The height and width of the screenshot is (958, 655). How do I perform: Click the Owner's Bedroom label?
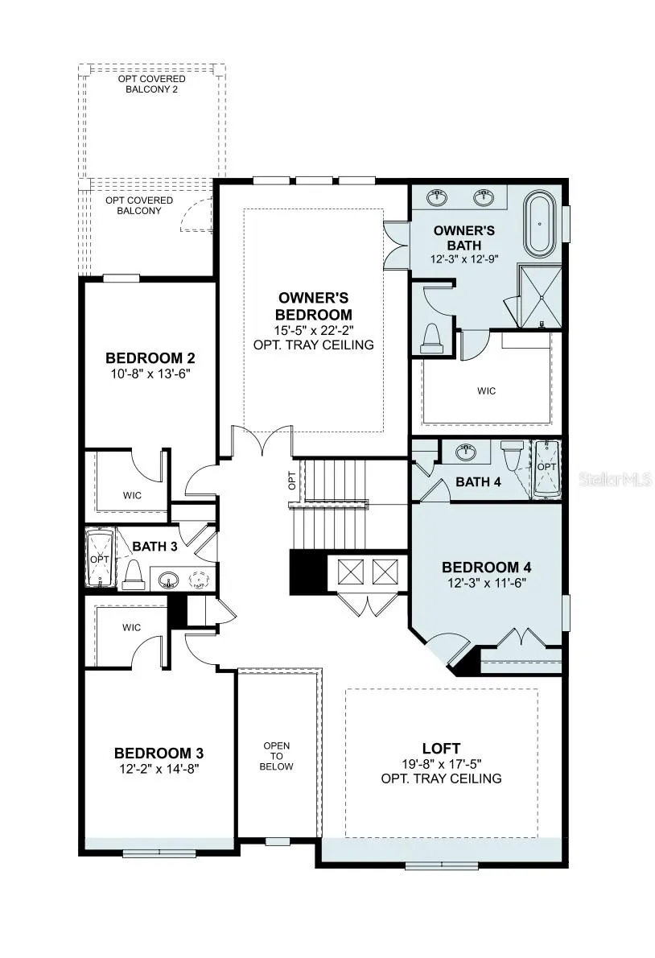point(314,306)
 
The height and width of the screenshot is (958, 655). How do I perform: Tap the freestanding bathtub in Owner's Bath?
point(540,225)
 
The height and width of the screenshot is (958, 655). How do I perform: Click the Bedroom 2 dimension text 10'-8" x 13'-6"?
point(150,374)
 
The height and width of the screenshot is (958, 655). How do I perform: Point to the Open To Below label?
point(277,756)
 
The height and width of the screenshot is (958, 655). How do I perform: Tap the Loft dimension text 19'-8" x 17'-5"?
point(441,764)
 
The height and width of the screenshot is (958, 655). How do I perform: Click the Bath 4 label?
point(479,482)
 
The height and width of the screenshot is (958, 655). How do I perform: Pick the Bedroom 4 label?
point(487,567)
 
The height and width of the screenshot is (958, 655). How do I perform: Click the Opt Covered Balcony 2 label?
point(152,84)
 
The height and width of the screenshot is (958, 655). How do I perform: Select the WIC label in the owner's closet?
point(487,391)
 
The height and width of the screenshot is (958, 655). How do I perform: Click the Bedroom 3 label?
point(159,754)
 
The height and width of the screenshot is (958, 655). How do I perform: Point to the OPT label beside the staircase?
point(292,481)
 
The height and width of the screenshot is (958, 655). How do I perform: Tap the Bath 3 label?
point(155,546)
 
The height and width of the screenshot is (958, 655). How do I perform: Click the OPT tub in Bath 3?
point(100,559)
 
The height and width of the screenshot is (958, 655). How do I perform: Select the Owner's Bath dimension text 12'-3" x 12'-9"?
point(464,258)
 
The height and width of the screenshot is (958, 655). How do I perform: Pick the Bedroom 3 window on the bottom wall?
point(159,853)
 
